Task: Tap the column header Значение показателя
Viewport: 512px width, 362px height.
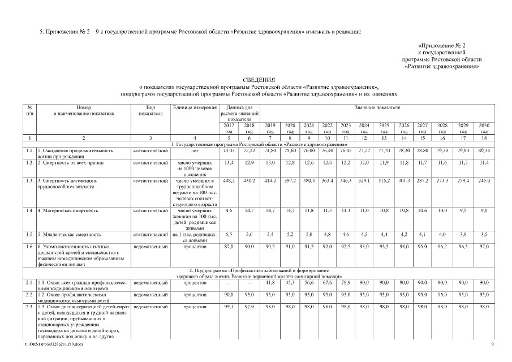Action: [377, 107]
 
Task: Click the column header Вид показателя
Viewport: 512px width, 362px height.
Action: [150, 110]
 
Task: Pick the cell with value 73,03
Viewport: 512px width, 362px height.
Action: [229, 151]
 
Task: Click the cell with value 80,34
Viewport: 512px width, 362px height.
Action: [484, 151]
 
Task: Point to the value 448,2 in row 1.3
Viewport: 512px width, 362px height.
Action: [229, 181]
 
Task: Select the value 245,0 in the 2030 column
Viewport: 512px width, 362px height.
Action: [484, 181]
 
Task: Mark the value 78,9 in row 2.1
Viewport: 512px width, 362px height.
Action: [346, 282]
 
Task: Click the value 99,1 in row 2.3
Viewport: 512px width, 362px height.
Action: [229, 307]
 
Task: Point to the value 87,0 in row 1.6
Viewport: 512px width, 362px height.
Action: [229, 247]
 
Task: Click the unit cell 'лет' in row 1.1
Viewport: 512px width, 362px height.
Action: [195, 151]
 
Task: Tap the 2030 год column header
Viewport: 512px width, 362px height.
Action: [484, 128]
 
